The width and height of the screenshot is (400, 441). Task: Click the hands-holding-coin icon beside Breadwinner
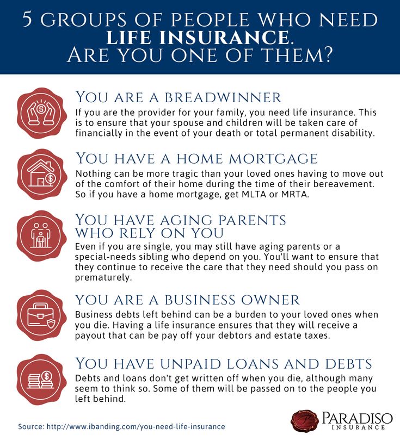point(42,113)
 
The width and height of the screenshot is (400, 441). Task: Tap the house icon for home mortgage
point(42,175)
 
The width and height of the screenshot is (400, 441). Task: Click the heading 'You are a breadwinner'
point(178,97)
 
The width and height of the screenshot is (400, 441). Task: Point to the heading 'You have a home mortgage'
point(196,158)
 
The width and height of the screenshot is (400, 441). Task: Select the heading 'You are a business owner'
point(187,300)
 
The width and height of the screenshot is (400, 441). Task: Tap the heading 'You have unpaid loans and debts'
point(224,363)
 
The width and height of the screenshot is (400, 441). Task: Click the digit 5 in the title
point(27,20)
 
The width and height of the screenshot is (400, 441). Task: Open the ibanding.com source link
point(136,427)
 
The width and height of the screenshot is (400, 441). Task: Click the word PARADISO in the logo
point(357,418)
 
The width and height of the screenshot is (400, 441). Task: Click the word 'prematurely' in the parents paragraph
point(103,277)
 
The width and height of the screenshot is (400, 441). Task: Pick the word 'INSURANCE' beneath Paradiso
point(359,427)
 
